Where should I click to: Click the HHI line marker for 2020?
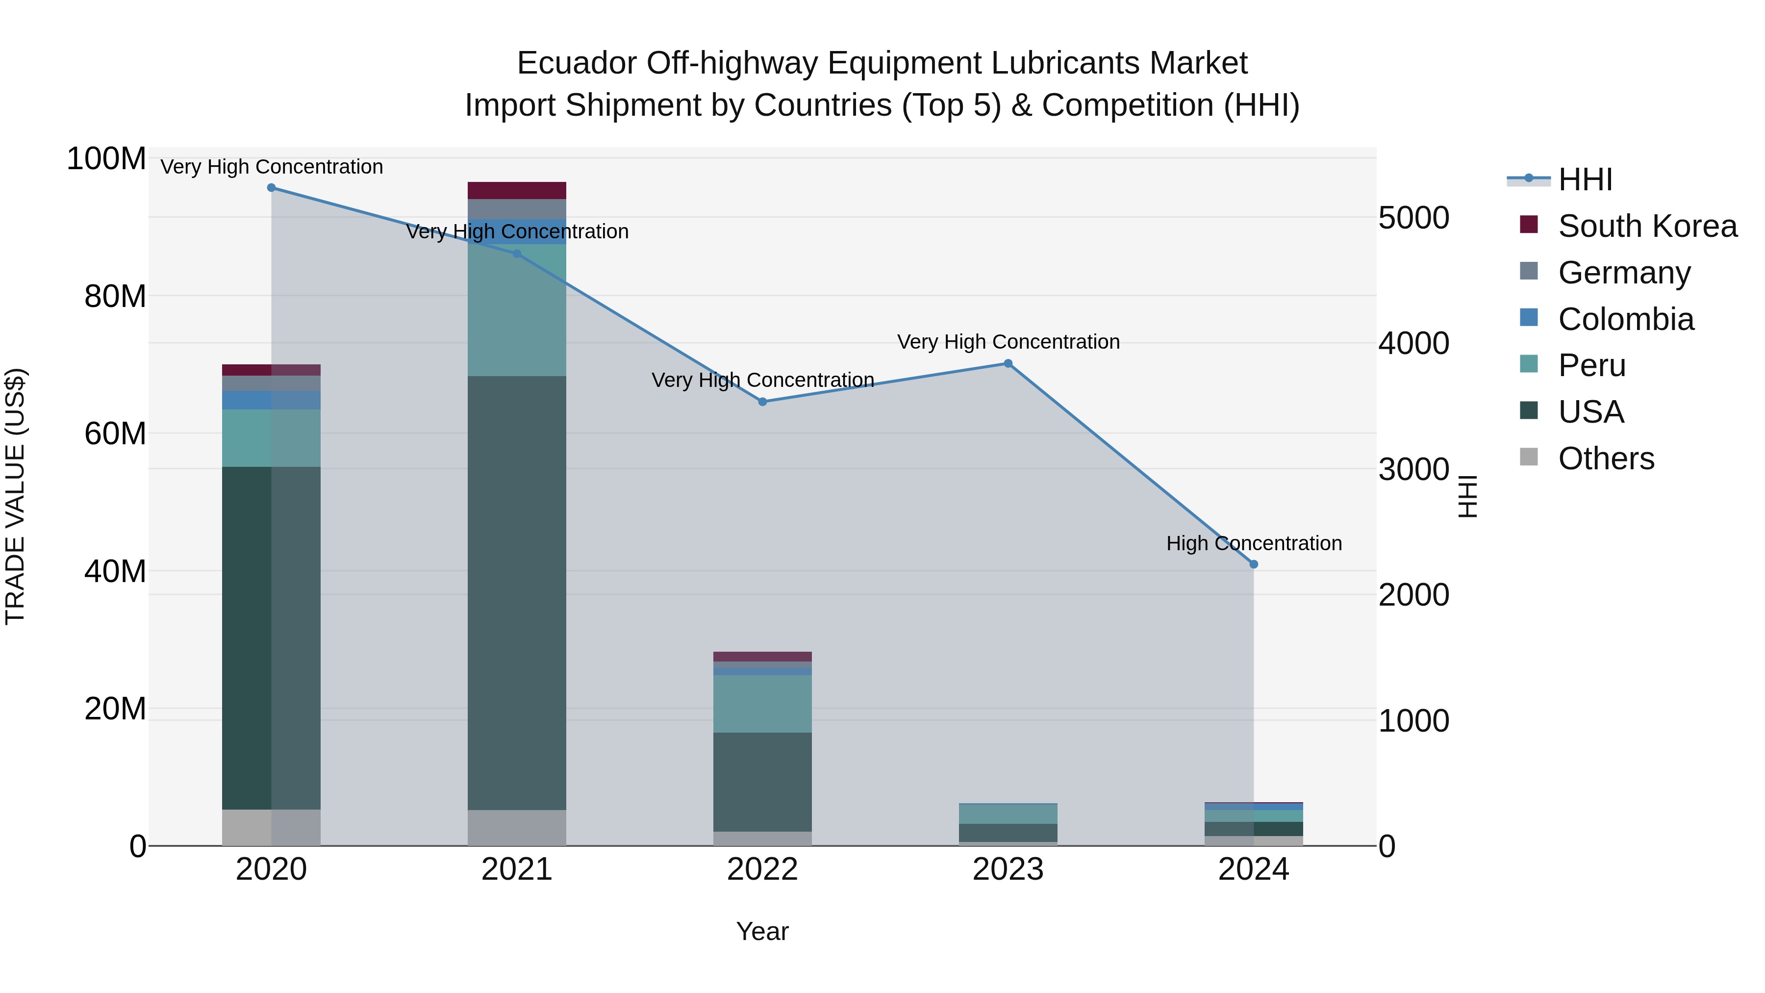(271, 188)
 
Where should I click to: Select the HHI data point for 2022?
(762, 402)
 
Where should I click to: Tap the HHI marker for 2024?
(1254, 564)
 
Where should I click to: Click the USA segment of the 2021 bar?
(517, 593)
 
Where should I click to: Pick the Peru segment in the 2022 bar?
(762, 704)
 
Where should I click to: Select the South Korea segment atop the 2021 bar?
(517, 191)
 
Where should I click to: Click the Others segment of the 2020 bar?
(271, 827)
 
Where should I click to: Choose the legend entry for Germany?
(1624, 273)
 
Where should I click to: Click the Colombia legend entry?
(1625, 319)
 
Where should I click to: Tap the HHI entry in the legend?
(1585, 179)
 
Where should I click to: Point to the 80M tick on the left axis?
(115, 297)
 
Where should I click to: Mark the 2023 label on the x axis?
(1008, 869)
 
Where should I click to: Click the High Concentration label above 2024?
(1254, 543)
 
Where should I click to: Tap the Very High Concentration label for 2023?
(1008, 341)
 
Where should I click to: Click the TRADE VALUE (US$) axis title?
(15, 496)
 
